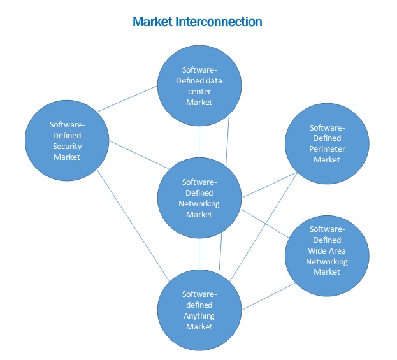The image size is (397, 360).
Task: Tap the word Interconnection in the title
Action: (220, 22)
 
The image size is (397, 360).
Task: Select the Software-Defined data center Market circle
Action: (199, 86)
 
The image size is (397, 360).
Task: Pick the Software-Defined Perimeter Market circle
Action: (327, 143)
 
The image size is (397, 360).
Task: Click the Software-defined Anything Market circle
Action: (199, 310)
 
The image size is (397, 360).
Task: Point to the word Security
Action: (66, 146)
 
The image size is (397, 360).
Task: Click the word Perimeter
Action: (327, 148)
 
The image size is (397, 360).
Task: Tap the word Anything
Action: (199, 315)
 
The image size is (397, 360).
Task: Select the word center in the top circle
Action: (199, 91)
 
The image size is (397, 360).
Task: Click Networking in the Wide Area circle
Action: (327, 261)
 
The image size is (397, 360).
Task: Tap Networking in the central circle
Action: (199, 204)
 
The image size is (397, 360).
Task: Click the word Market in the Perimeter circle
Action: (327, 159)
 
